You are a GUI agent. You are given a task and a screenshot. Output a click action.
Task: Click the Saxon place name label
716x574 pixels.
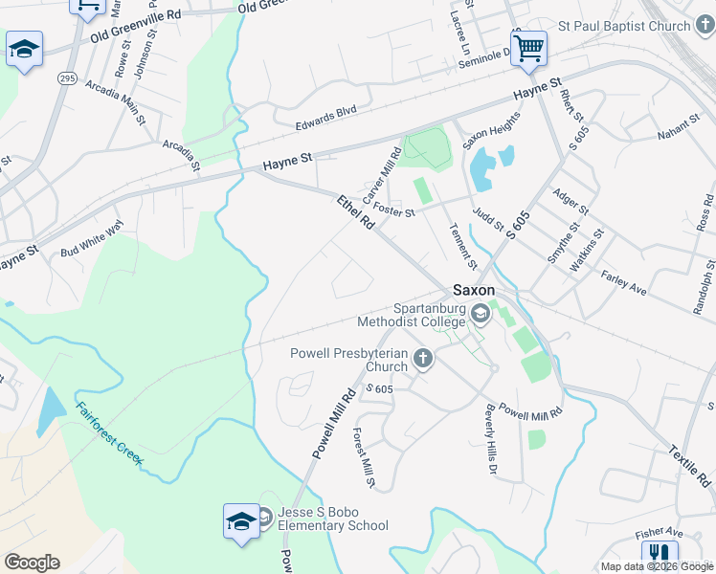coord(474,289)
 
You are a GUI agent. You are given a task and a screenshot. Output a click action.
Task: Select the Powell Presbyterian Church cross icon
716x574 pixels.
coord(422,359)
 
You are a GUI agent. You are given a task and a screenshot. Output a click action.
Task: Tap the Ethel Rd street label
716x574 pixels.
coord(355,213)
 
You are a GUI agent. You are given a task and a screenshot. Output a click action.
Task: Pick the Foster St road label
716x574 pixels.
coord(394,210)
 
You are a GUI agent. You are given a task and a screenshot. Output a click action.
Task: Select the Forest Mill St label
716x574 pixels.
coord(363,455)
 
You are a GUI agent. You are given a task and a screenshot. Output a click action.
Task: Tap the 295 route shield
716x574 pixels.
coord(66,77)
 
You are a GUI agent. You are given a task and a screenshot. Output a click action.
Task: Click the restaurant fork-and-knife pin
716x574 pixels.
coord(659,555)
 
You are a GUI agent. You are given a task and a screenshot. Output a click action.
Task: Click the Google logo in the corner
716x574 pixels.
coord(32,562)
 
